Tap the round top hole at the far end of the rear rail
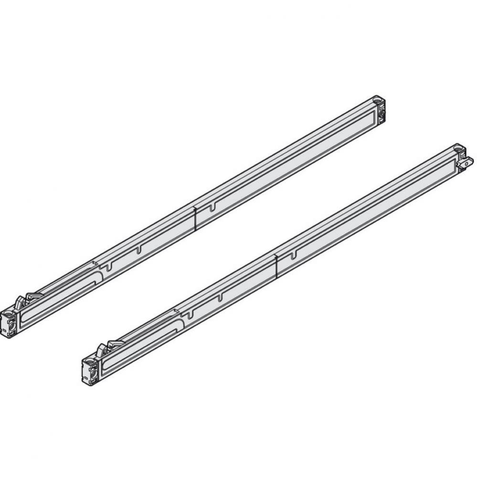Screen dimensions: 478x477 click(377, 101)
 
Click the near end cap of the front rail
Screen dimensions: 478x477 click(90, 369)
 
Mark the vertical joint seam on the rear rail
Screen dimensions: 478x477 click(195, 216)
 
